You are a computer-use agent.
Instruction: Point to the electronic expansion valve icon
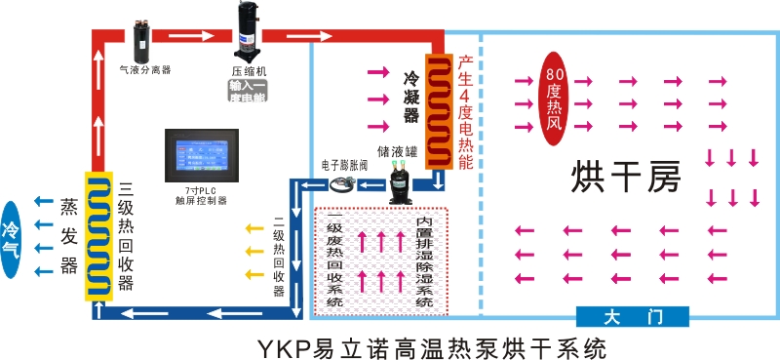tap(342, 184)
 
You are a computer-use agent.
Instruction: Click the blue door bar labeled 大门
tap(633, 317)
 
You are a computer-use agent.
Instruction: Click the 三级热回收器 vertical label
tap(126, 235)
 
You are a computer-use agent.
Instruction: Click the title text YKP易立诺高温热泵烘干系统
tap(420, 345)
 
